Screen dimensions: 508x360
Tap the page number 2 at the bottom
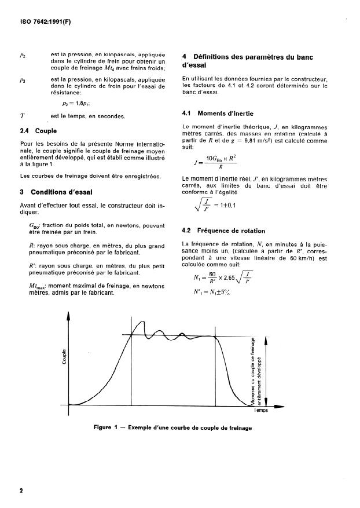coord(21,490)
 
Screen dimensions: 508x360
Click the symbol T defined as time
coord(21,116)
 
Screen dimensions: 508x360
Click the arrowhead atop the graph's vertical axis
coord(69,316)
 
